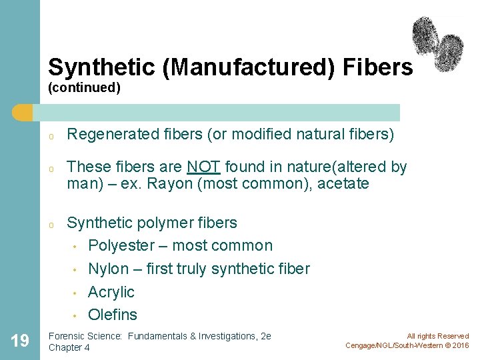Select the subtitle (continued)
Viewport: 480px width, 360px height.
tap(84, 88)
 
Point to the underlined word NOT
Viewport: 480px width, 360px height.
tap(203, 167)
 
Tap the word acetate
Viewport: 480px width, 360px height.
tap(343, 183)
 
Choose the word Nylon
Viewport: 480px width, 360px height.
tap(108, 269)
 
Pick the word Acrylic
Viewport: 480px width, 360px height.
tap(111, 292)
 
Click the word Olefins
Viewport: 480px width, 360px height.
tap(113, 315)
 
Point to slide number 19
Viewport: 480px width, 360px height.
tap(20, 341)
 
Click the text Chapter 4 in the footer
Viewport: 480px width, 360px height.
tap(69, 347)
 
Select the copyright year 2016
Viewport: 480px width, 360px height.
tap(461, 345)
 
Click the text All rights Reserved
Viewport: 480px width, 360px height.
tap(438, 336)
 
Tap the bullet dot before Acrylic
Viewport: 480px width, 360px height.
tap(75, 293)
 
